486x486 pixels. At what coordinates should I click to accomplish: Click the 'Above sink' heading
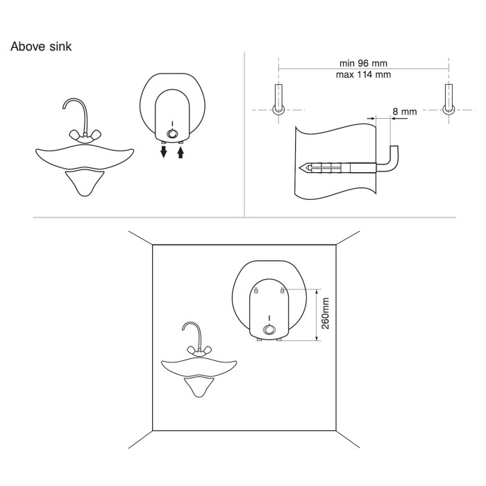pyautogui.click(x=41, y=47)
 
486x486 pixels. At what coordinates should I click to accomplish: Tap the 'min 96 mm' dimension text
pyautogui.click(x=363, y=63)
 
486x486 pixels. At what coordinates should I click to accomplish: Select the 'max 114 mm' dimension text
pyautogui.click(x=363, y=75)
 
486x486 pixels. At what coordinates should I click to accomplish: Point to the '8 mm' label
pyautogui.click(x=405, y=112)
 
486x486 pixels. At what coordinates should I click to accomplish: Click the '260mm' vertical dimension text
pyautogui.click(x=325, y=313)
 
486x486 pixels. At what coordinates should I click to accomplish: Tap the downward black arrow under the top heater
pyautogui.click(x=163, y=151)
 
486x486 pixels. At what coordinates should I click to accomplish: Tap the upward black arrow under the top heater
pyautogui.click(x=181, y=152)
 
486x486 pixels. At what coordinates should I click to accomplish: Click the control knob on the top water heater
pyautogui.click(x=172, y=134)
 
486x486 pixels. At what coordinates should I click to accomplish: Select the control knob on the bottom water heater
pyautogui.click(x=269, y=330)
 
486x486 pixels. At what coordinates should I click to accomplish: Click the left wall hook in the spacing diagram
pyautogui.click(x=278, y=99)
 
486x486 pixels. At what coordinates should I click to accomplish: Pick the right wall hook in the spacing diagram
pyautogui.click(x=449, y=99)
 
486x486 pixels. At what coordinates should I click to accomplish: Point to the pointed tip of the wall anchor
pyautogui.click(x=299, y=168)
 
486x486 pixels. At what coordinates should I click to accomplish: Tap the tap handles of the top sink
pyautogui.click(x=85, y=136)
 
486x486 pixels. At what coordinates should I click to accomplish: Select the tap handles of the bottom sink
pyautogui.click(x=200, y=351)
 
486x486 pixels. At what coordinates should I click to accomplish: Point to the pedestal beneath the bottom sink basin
pyautogui.click(x=199, y=387)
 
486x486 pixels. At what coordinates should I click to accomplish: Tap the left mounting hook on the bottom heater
pyautogui.click(x=255, y=291)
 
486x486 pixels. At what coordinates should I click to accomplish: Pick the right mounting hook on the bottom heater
pyautogui.click(x=283, y=291)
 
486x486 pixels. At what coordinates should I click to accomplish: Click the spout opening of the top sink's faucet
pyautogui.click(x=64, y=107)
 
